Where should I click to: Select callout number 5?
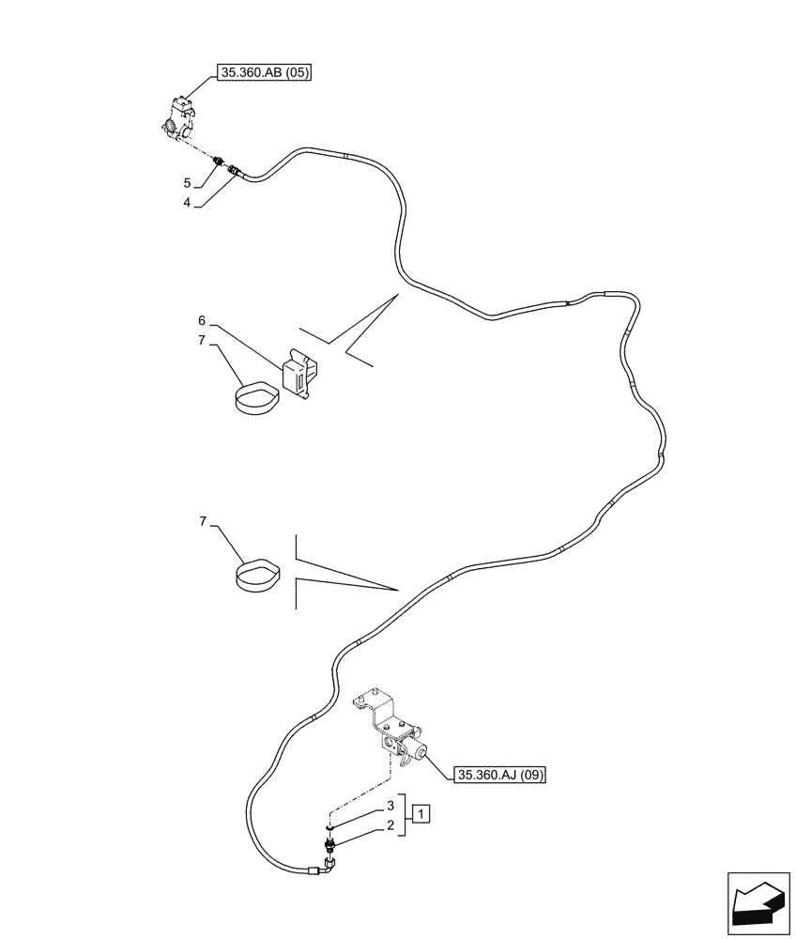188,182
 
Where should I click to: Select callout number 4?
188,202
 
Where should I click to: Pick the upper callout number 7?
202,340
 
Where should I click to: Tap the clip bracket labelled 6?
298,377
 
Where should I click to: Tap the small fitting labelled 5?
219,161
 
